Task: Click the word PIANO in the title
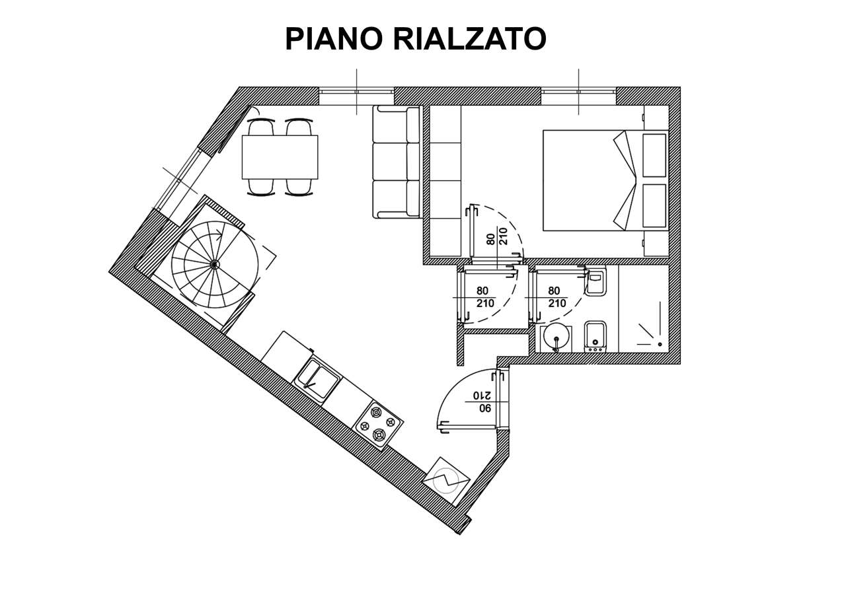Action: point(334,38)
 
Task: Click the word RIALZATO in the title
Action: point(469,38)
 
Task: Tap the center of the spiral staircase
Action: point(215,265)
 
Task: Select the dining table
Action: point(280,157)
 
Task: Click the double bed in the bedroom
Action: point(606,180)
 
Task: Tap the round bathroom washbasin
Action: point(556,339)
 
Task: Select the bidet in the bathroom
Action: point(596,337)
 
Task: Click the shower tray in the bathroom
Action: point(644,308)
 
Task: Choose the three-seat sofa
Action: point(396,162)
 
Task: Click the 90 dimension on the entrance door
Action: point(486,408)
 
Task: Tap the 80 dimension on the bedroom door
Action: point(490,239)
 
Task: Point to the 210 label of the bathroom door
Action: point(557,303)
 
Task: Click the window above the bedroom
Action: point(578,90)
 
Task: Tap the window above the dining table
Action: point(356,90)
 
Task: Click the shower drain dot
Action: point(660,344)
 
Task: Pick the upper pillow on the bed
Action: point(654,155)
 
